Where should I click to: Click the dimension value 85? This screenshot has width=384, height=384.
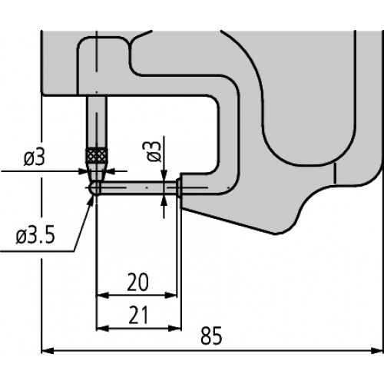click(211, 336)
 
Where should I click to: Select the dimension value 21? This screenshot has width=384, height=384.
click(138, 315)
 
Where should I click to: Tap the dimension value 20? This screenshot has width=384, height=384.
click(137, 283)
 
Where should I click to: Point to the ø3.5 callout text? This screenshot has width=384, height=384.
click(35, 236)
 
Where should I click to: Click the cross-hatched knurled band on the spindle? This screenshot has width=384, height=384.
click(96, 155)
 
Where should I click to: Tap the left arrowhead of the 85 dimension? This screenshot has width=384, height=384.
click(48, 351)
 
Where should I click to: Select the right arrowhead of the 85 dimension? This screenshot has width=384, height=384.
click(377, 351)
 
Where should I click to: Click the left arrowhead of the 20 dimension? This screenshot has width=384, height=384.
click(102, 295)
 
